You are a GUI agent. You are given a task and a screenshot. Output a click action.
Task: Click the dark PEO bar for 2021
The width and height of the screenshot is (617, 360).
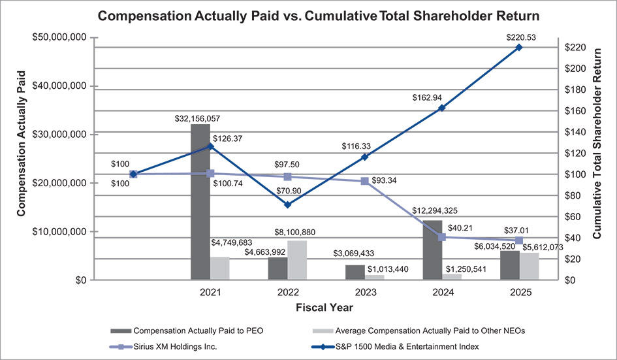pyautogui.click(x=200, y=203)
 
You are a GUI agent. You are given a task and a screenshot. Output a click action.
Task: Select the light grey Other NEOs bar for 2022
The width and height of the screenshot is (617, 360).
pyautogui.click(x=296, y=260)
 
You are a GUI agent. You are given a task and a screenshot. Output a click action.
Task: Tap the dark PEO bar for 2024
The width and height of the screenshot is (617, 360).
pyautogui.click(x=432, y=250)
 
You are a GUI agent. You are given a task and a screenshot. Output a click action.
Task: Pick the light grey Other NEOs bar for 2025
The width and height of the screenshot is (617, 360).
pyautogui.click(x=529, y=266)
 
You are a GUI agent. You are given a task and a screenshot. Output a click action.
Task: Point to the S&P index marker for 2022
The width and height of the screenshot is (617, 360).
pyautogui.click(x=287, y=205)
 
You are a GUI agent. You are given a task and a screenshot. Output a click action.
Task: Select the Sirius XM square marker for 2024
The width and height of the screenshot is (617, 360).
pyautogui.click(x=442, y=237)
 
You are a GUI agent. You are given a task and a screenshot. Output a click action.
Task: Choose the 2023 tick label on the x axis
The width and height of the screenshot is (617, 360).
pyautogui.click(x=365, y=291)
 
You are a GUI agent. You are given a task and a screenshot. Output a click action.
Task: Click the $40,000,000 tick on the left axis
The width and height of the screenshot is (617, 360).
pyautogui.click(x=58, y=86)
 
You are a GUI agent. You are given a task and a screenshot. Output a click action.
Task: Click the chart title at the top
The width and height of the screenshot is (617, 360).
pyautogui.click(x=308, y=15)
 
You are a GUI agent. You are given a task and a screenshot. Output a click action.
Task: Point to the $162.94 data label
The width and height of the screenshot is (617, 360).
pyautogui.click(x=428, y=97)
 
